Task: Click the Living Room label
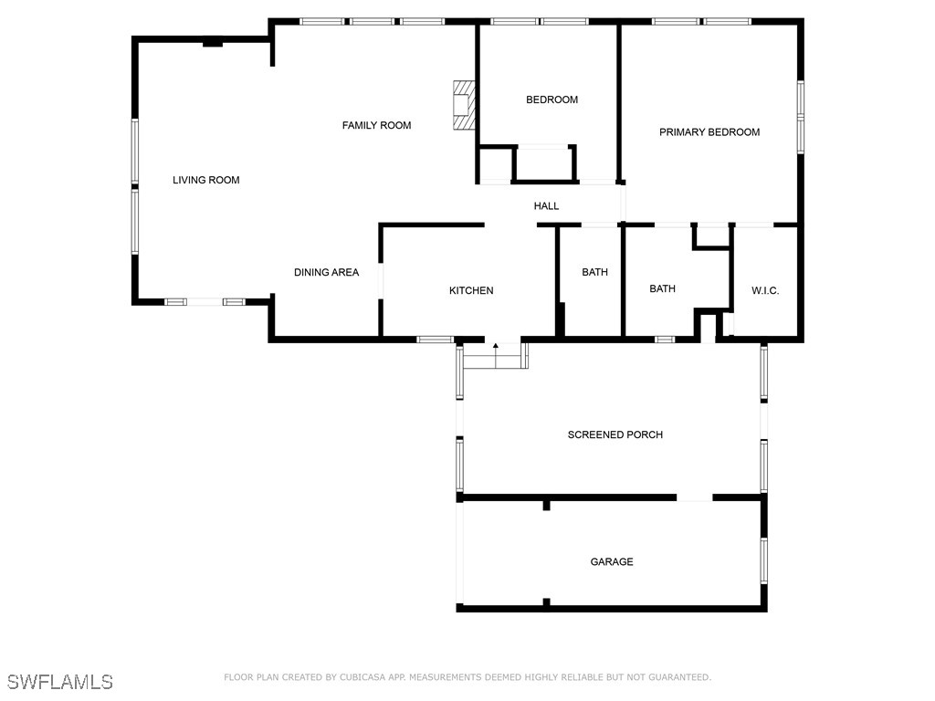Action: (x=206, y=180)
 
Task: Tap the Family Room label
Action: (x=376, y=125)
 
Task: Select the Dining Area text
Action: (x=326, y=272)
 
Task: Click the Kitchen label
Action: (x=471, y=290)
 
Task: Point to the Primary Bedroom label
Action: (x=709, y=132)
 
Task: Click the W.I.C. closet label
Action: (x=765, y=290)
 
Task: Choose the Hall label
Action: (x=546, y=206)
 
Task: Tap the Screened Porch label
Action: (x=615, y=434)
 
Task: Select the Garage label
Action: (x=611, y=562)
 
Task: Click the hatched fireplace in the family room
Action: (x=465, y=105)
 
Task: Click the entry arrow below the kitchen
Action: (x=496, y=346)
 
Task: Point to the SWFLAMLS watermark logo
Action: (x=59, y=682)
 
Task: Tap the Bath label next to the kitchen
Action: (x=594, y=272)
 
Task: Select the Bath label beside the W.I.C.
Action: (x=662, y=288)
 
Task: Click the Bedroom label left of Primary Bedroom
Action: (x=552, y=99)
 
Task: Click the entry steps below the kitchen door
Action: (x=495, y=357)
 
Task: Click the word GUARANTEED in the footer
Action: (x=676, y=677)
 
